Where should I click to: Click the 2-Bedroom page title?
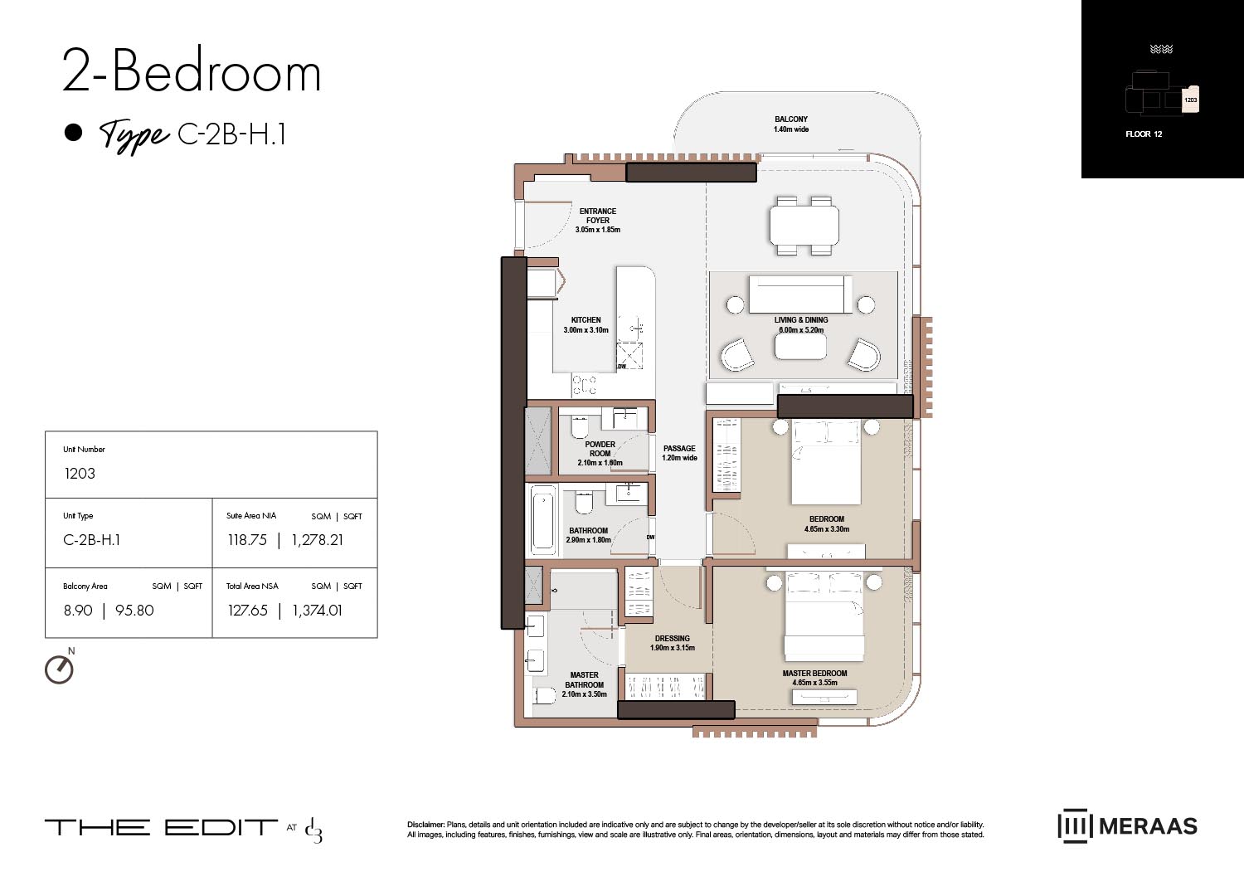pos(192,72)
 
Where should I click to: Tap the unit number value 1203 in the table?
pos(80,474)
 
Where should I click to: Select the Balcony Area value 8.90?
pos(78,611)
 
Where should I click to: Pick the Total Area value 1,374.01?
pos(317,611)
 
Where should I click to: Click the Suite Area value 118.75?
pos(247,540)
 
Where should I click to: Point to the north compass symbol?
pos(59,669)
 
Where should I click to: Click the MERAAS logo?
pos(1127,826)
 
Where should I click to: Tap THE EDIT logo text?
pos(161,827)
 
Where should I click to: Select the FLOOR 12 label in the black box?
pos(1144,134)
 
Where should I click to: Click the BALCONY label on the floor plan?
pos(791,119)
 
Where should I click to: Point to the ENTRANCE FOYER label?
pos(597,216)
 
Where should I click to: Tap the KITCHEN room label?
pos(586,320)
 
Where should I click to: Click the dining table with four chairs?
pos(804,225)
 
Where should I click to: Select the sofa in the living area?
pos(800,294)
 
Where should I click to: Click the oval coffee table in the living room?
pos(800,347)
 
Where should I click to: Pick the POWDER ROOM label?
pos(600,449)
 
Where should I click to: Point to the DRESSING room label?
pos(672,639)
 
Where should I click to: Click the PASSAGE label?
pos(679,449)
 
